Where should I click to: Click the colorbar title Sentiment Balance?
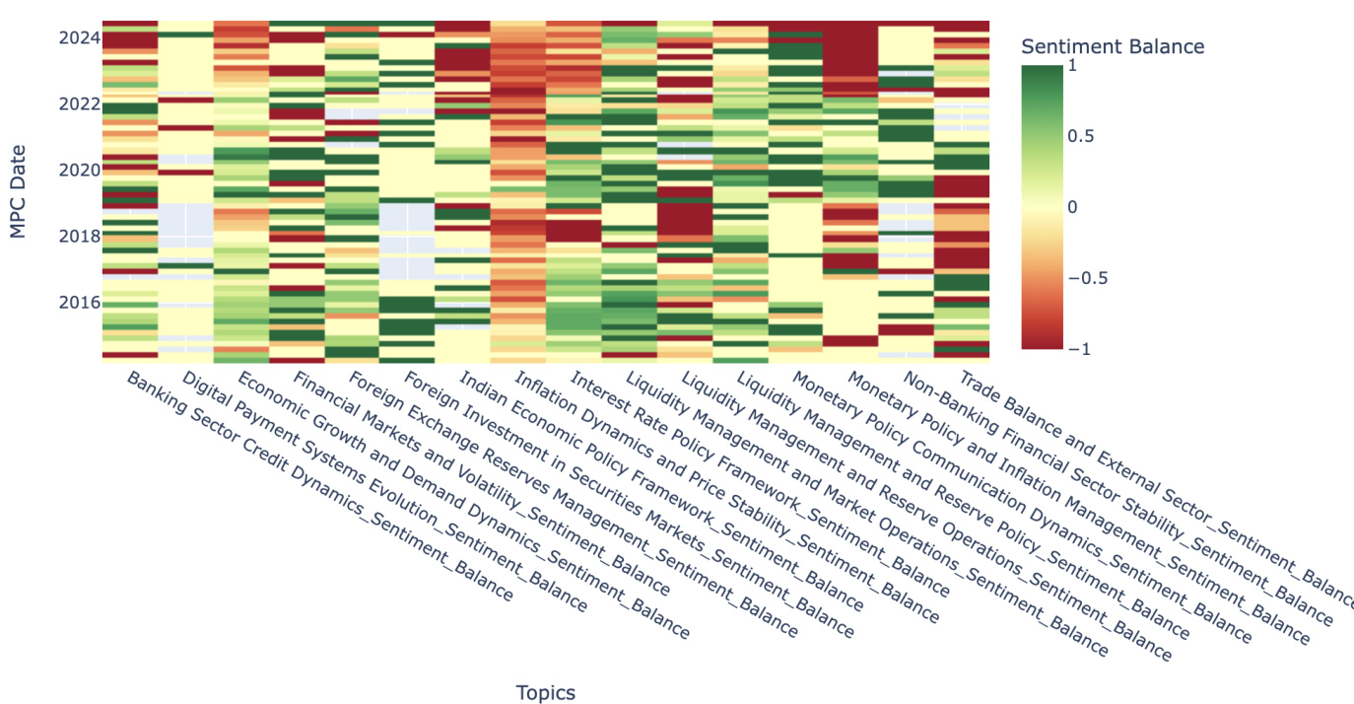tap(1113, 46)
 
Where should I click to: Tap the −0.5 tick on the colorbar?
tap(1090, 278)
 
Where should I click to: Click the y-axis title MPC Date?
tap(18, 191)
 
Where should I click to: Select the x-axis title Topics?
tap(545, 692)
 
